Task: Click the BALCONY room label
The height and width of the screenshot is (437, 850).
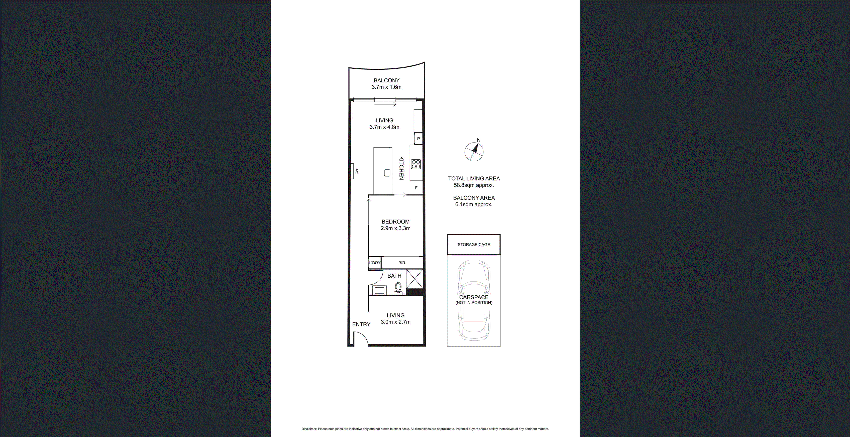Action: tap(386, 80)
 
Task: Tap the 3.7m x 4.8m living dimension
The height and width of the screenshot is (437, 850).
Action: tap(384, 127)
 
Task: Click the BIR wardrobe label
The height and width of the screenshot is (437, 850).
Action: tap(402, 263)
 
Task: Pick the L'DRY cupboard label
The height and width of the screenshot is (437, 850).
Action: tap(375, 263)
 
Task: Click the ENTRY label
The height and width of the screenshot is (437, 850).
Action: tap(361, 324)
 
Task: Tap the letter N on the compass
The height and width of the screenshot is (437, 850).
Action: tap(479, 140)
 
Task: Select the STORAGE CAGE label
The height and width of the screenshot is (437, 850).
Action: tap(474, 245)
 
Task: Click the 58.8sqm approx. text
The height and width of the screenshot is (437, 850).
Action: tap(474, 185)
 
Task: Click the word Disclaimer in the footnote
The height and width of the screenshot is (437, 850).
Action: tap(309, 429)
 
